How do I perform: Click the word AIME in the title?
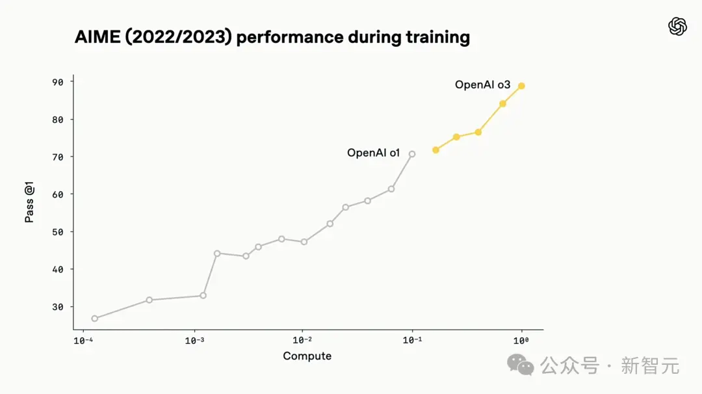pos(97,37)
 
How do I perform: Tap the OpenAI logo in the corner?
pos(677,27)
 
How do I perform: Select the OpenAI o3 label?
pos(482,85)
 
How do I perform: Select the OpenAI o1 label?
pos(373,153)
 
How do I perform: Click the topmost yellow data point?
pos(521,86)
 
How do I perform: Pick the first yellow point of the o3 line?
pos(435,150)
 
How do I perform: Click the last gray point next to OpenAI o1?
pos(412,154)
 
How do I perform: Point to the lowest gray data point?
pos(95,319)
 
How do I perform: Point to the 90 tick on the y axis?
pos(58,82)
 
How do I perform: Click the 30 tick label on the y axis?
pos(58,307)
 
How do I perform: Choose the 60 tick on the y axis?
pos(58,194)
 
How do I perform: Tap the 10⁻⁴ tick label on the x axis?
pos(83,340)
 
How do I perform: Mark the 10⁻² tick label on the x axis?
pos(302,340)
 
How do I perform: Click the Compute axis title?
pos(307,356)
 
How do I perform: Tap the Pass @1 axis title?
pos(30,202)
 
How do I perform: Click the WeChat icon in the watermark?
pos(521,365)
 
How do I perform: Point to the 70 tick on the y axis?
pos(58,157)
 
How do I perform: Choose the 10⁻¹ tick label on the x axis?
pos(412,340)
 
